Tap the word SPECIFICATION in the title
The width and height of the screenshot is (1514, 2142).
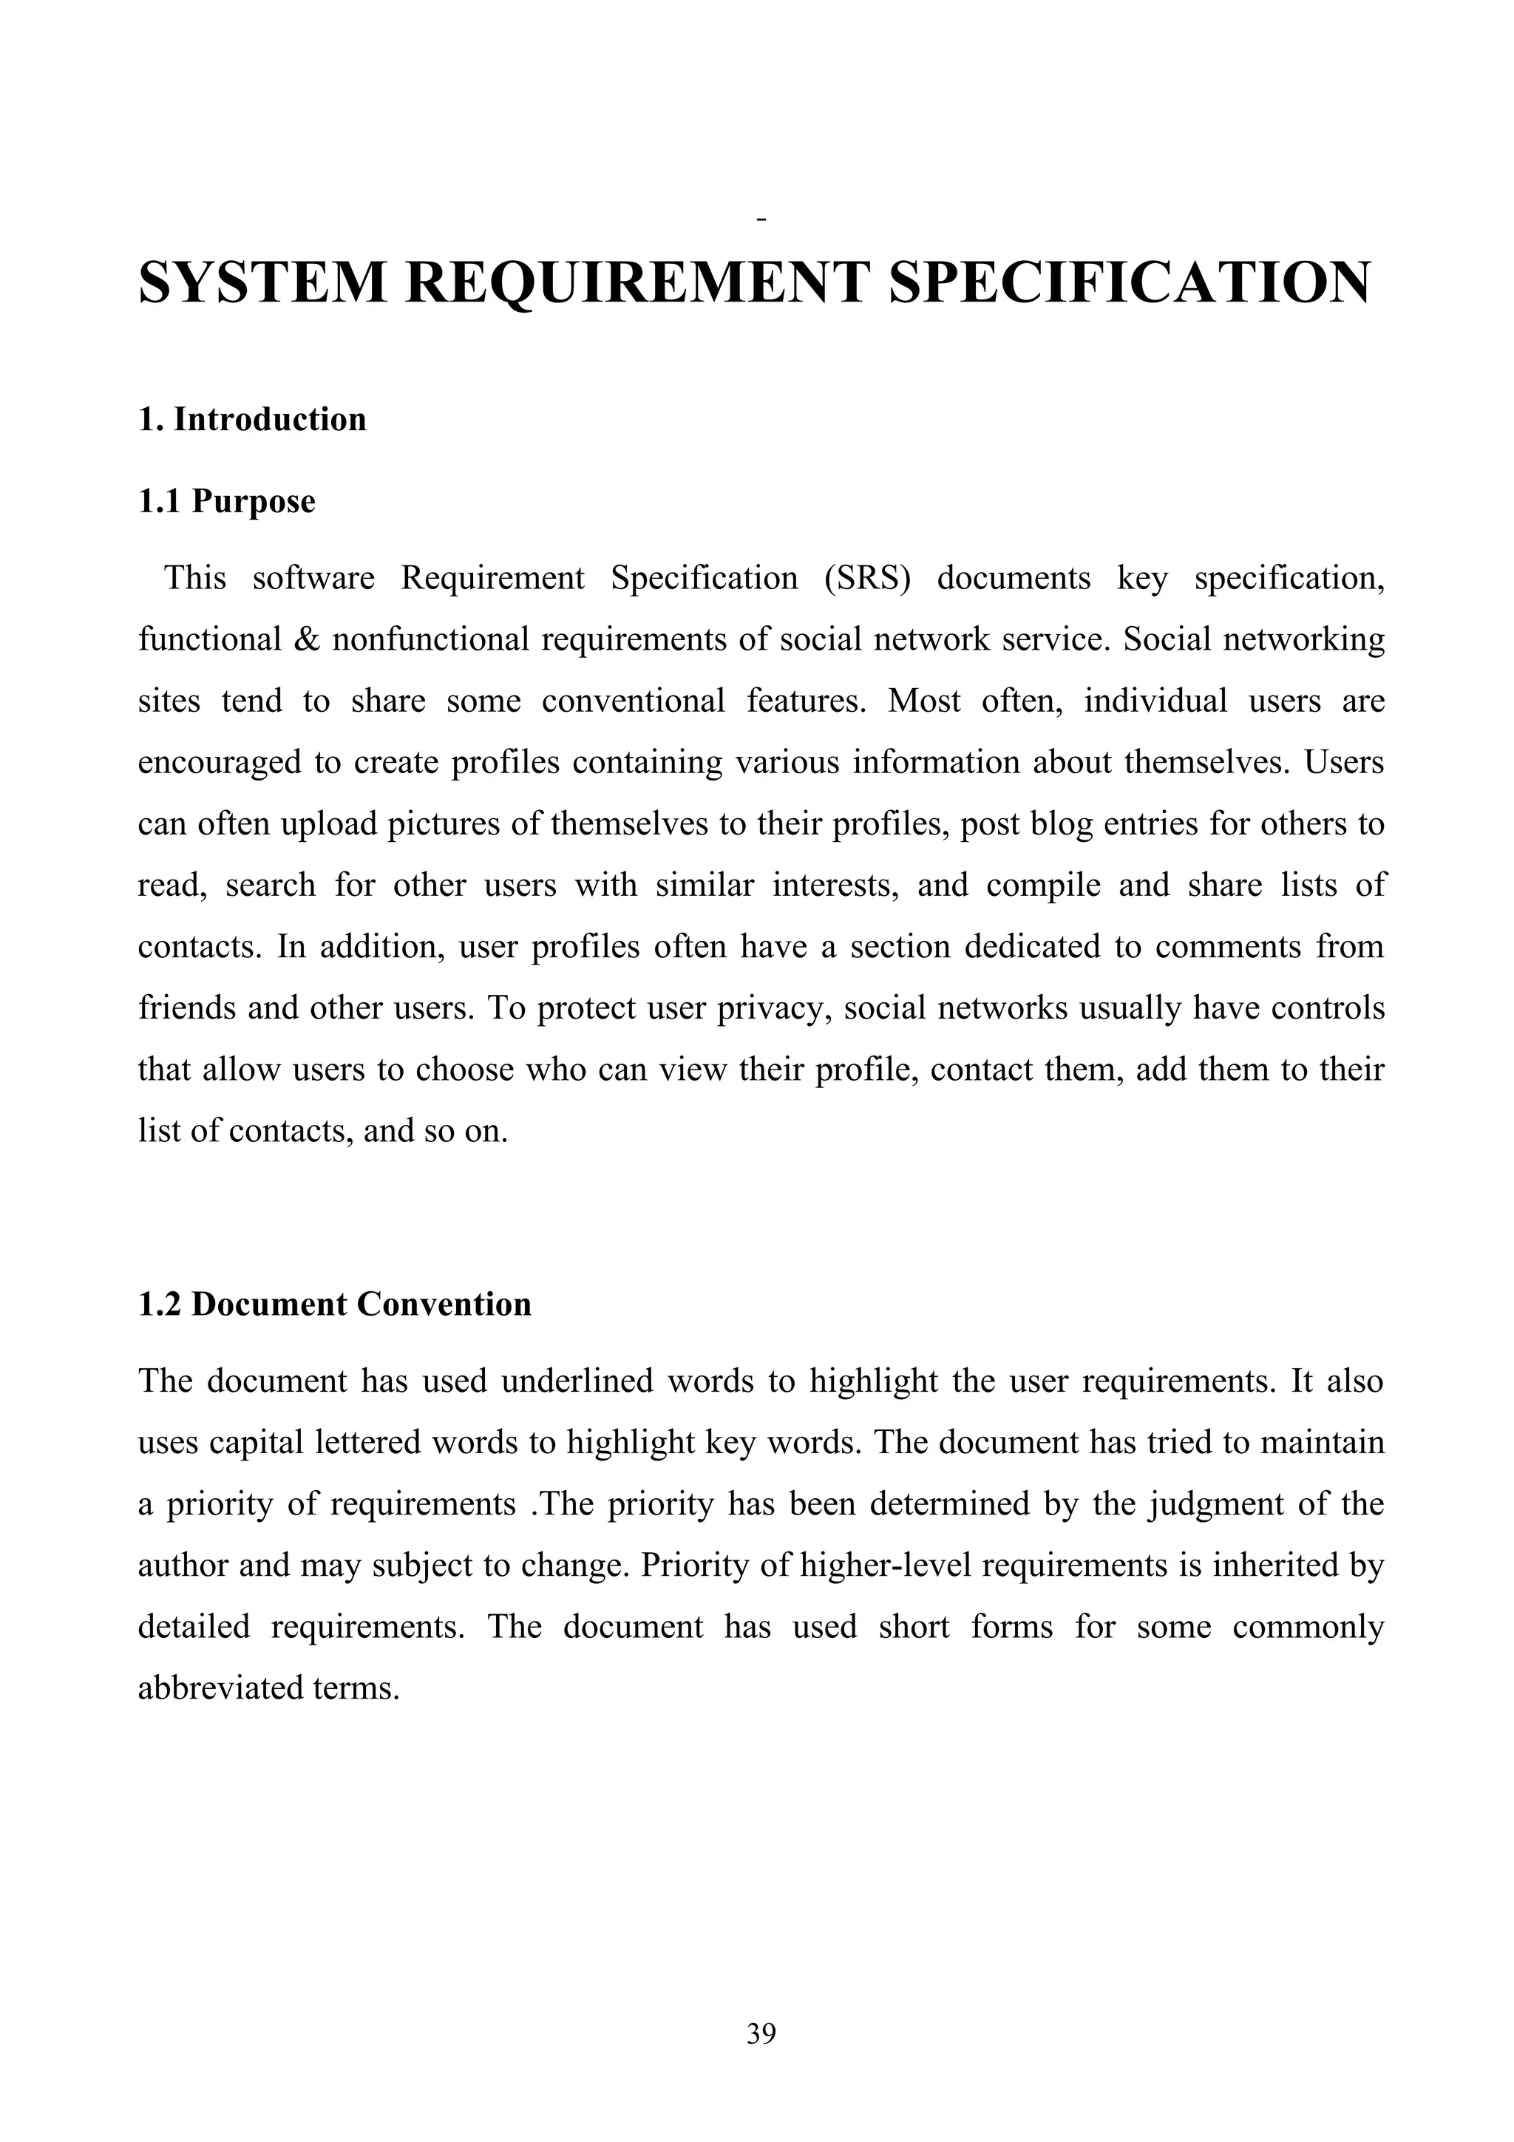(x=1130, y=282)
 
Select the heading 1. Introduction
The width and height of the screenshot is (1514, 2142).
(x=252, y=420)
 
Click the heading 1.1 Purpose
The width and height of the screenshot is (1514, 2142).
(x=227, y=502)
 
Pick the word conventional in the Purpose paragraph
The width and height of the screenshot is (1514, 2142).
(x=633, y=701)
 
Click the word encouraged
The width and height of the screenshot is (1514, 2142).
(x=220, y=763)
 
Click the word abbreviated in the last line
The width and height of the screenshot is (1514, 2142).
(x=220, y=1689)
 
